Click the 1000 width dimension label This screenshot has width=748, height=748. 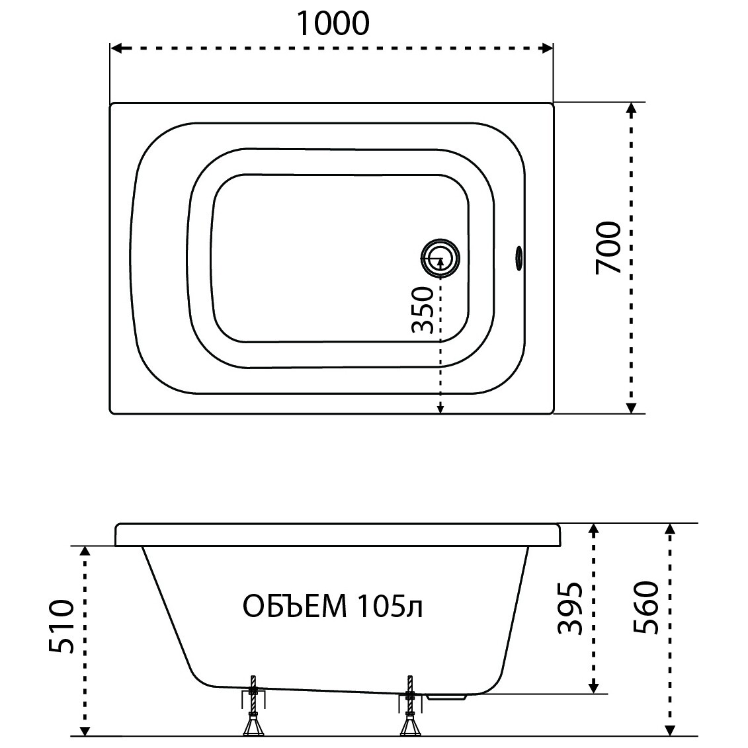coord(331,23)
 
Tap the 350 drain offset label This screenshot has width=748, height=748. coord(423,311)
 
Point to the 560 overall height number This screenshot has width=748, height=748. coord(645,608)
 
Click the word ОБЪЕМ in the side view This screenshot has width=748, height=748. coord(295,606)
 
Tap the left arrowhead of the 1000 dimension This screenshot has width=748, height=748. coord(114,48)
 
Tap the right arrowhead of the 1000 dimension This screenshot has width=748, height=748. coord(548,48)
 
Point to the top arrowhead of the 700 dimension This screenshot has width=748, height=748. coord(631,107)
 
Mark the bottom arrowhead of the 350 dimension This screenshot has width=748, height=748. coord(440,410)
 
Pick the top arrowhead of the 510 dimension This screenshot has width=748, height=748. coord(85,551)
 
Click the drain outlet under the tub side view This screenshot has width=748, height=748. coord(448,696)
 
